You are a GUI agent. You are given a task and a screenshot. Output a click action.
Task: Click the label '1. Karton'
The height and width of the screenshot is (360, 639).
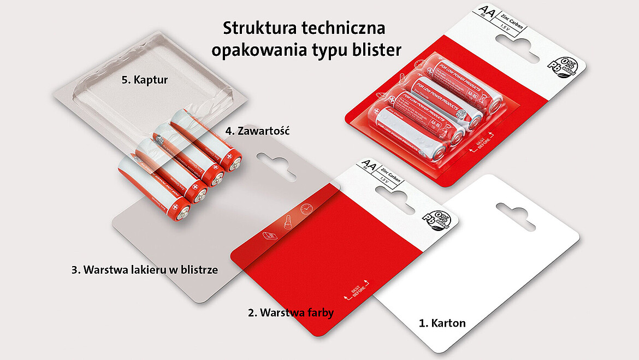pos(442,323)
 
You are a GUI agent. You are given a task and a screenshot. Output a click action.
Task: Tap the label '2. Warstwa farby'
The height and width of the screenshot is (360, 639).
pos(291,313)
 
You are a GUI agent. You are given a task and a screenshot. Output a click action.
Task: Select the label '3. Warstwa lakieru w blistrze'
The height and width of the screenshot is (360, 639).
pos(145,269)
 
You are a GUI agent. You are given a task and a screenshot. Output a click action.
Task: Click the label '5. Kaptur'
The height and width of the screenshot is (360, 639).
pos(144,80)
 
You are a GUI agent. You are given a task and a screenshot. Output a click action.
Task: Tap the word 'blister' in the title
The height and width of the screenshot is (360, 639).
pos(377,50)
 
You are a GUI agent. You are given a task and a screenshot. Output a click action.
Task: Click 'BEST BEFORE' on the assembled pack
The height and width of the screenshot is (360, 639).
pos(483,140)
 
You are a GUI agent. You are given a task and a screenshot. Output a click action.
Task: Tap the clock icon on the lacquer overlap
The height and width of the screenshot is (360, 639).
pos(306,209)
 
